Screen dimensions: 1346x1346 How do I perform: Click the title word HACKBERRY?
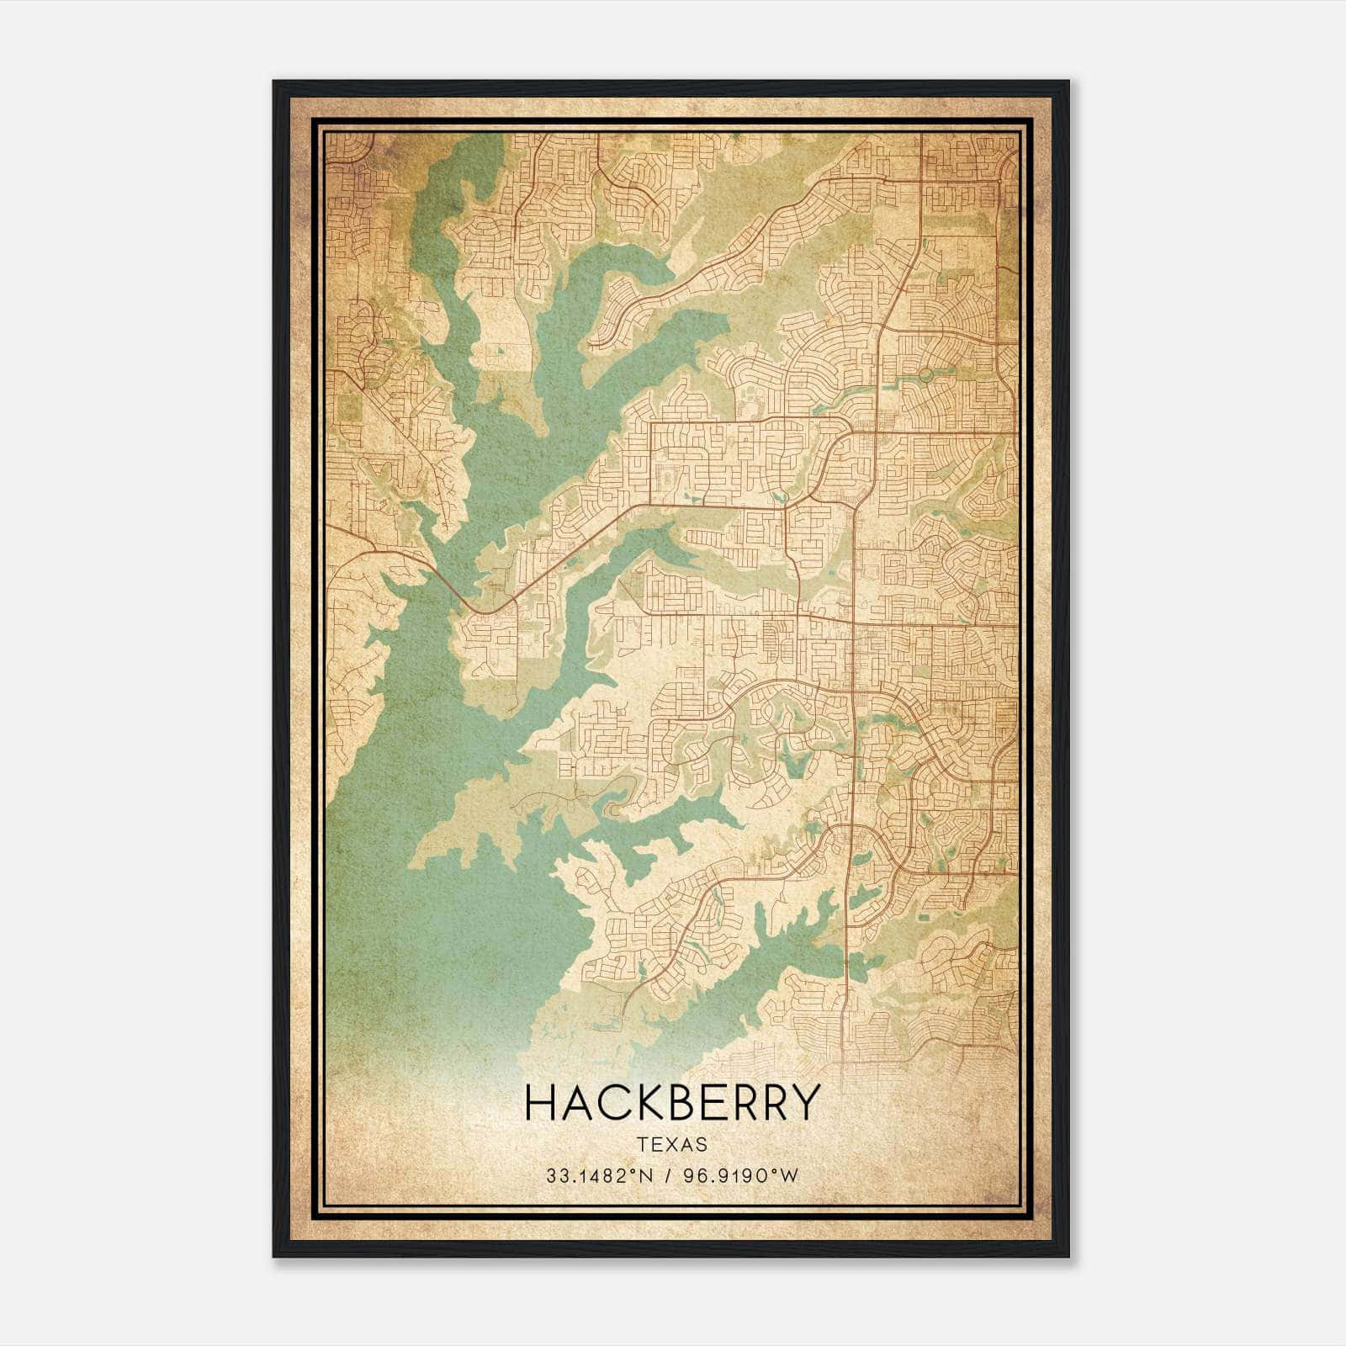pos(672,1102)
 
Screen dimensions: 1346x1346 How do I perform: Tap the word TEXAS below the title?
pos(672,1145)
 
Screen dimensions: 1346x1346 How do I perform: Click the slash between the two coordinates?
pos(666,1176)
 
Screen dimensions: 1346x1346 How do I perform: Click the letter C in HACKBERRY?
pos(609,1102)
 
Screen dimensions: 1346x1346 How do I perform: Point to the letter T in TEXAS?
pos(643,1145)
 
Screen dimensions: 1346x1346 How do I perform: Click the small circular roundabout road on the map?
pos(925,374)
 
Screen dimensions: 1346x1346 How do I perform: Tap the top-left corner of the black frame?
pos(275,82)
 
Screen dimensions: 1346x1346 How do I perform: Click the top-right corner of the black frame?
pos(1068,82)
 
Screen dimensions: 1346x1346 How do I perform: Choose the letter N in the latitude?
pos(645,1176)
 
